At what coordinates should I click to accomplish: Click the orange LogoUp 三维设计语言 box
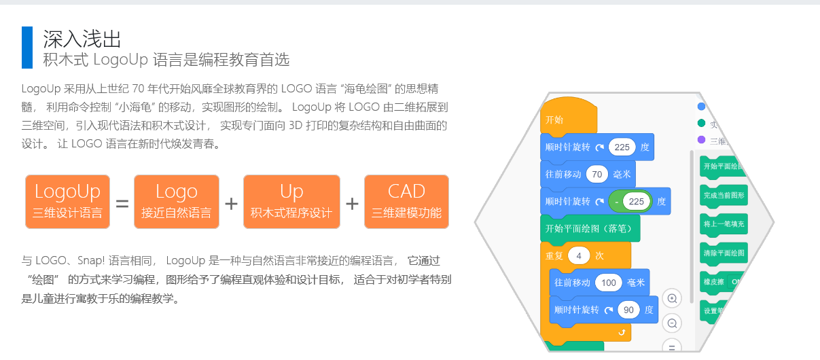point(67,201)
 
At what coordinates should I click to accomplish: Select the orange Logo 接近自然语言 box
point(177,201)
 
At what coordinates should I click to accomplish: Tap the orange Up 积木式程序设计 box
point(291,201)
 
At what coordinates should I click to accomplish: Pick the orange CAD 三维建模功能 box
point(406,201)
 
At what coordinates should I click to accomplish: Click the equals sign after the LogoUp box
point(122,202)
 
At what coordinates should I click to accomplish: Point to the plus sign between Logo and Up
point(232,202)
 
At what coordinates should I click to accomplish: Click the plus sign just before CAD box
point(352,202)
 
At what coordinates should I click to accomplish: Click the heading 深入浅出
point(82,38)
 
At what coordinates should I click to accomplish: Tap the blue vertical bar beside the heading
point(27,48)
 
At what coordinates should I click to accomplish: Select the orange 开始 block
point(568,120)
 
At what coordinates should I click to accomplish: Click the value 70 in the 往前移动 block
point(597,175)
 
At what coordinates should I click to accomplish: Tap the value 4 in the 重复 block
point(579,256)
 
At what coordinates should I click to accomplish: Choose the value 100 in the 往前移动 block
point(609,283)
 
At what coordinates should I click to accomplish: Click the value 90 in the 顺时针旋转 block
point(628,310)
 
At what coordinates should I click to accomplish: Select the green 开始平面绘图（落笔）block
point(590,228)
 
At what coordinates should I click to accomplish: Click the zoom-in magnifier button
point(672,299)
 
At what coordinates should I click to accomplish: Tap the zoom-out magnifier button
point(672,323)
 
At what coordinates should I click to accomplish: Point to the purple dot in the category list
point(702,139)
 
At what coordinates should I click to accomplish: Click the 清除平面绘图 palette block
point(724,253)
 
